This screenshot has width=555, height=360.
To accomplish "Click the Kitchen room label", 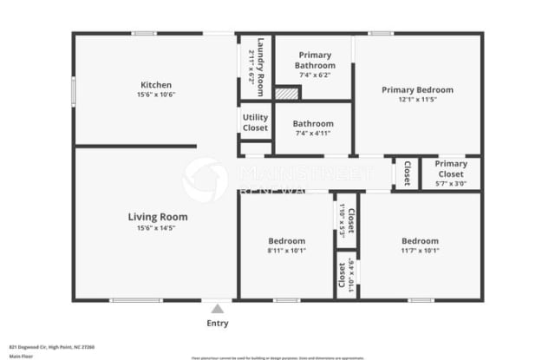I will (x=156, y=85).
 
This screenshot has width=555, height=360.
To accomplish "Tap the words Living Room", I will (x=158, y=217).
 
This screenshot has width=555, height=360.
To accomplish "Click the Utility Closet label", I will (x=255, y=122).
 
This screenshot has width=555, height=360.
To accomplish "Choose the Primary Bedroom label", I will (x=418, y=89).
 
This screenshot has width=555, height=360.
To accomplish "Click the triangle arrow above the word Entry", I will (x=218, y=308).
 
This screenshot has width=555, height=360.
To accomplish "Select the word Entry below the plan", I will (x=218, y=324).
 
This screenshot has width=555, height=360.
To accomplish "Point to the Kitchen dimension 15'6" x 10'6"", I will (x=156, y=95).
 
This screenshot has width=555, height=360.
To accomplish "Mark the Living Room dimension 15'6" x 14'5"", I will (x=158, y=228).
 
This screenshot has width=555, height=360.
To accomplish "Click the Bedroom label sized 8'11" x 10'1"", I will (x=286, y=240).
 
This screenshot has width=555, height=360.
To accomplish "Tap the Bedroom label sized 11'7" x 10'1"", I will (x=420, y=240).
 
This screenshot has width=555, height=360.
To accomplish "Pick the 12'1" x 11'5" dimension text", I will (x=418, y=100).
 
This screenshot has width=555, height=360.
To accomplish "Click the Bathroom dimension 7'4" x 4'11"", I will (x=313, y=134).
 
